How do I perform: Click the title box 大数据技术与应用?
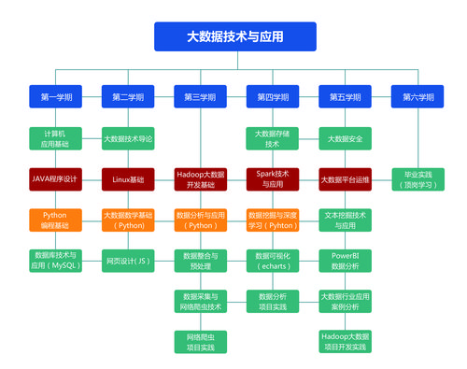(234, 36)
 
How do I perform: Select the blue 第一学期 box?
(55, 96)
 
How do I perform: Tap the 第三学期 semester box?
(200, 96)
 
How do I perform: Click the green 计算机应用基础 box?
(55, 139)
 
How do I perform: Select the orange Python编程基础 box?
(55, 220)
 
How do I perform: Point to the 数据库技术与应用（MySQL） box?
(55, 260)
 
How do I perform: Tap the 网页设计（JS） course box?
(128, 260)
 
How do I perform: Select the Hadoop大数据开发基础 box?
(200, 178)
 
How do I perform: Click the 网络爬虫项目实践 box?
(200, 341)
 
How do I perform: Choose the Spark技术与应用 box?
(272, 178)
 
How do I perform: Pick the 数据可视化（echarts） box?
(272, 260)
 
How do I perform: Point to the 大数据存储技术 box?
(272, 139)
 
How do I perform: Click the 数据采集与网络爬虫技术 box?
(200, 300)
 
